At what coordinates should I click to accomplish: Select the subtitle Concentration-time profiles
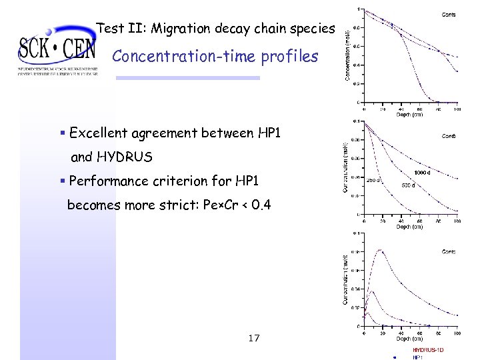[215, 56]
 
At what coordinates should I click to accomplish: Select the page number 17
[253, 338]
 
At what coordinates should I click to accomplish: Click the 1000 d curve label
[423, 173]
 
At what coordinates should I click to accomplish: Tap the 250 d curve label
[374, 180]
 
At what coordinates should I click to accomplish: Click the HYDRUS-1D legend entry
[428, 349]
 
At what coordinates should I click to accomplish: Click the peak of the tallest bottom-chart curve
[381, 250]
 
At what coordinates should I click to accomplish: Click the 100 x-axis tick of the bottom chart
[456, 332]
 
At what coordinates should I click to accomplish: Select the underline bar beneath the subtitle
[187, 78]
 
